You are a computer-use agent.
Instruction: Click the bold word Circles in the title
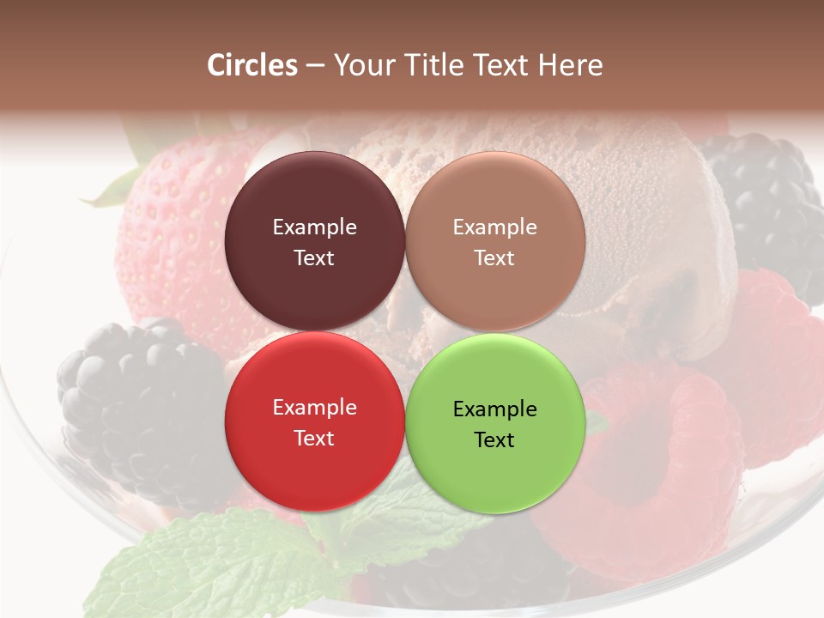click(252, 65)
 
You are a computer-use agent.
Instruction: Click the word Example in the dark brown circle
click(314, 227)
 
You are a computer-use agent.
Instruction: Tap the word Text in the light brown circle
click(494, 258)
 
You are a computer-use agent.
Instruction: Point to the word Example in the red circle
click(314, 408)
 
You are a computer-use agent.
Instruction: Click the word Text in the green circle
click(494, 440)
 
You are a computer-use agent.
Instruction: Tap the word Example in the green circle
click(494, 409)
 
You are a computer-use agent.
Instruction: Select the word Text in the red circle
click(314, 439)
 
